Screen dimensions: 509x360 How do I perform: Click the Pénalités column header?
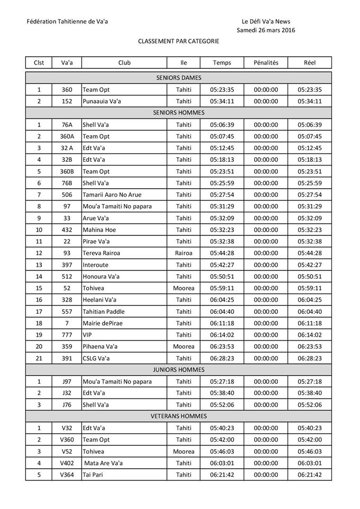click(266, 63)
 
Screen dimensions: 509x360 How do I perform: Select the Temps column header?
click(222, 63)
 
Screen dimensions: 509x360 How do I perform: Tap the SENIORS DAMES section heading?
click(179, 78)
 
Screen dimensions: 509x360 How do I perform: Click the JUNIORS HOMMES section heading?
click(179, 370)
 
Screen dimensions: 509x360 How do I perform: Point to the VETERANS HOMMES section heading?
click(179, 416)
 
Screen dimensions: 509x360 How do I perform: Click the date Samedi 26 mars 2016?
click(266, 30)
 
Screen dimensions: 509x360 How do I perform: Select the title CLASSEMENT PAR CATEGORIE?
click(179, 41)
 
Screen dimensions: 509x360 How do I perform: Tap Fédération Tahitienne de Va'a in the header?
click(71, 22)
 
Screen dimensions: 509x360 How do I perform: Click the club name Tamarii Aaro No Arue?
click(112, 195)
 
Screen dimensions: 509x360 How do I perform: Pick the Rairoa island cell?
click(183, 253)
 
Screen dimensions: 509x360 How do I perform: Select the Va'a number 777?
click(67, 335)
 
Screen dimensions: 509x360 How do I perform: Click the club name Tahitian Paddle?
click(103, 311)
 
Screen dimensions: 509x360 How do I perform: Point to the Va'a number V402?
click(67, 463)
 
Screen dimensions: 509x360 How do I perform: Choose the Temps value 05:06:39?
click(222, 125)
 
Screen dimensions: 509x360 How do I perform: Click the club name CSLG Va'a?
click(96, 358)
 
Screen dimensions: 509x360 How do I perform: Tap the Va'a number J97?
click(67, 381)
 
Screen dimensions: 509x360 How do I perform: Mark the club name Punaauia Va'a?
click(102, 101)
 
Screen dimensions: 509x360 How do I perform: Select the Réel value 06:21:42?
click(310, 475)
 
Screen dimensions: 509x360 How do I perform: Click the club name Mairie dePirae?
click(103, 323)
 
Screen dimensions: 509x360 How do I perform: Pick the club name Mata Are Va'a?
click(104, 463)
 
